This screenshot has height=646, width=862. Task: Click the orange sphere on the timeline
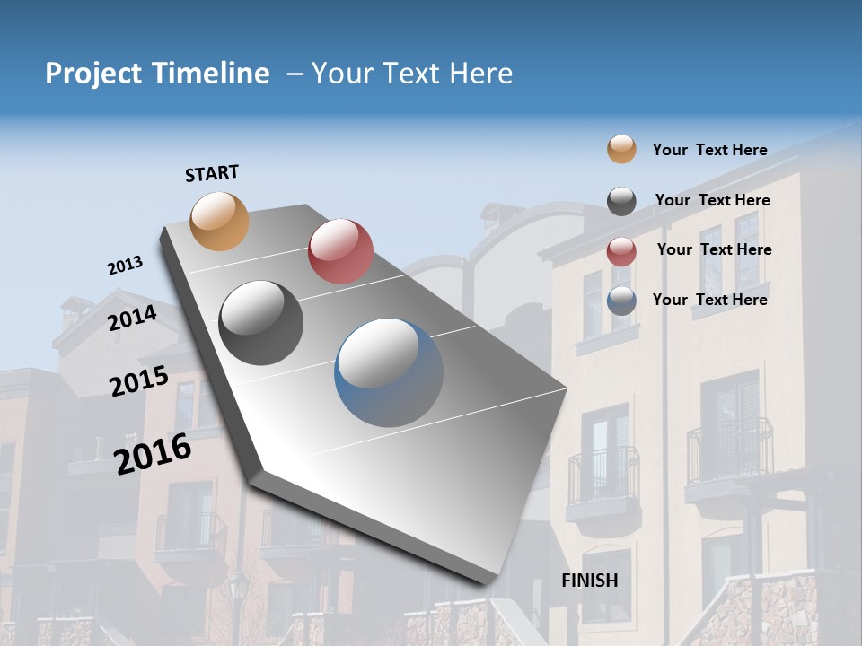click(220, 221)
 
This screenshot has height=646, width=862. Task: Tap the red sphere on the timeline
click(340, 251)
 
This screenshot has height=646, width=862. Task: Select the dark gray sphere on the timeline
click(261, 323)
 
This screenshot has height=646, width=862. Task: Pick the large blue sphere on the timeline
click(389, 372)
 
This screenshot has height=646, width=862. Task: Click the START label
click(212, 173)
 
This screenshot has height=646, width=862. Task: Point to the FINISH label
click(590, 581)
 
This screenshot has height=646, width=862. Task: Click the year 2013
click(125, 266)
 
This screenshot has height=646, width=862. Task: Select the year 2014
click(133, 319)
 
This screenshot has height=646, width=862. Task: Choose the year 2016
click(153, 453)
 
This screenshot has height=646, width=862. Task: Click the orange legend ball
click(621, 149)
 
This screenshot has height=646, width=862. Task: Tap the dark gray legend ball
click(621, 201)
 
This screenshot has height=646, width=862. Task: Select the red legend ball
click(621, 251)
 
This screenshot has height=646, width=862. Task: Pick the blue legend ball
click(621, 301)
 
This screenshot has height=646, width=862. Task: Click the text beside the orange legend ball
click(709, 150)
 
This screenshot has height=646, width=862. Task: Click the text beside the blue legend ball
click(709, 300)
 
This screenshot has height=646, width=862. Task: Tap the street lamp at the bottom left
click(238, 592)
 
